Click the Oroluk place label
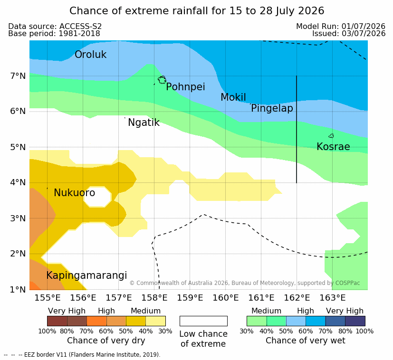tap(90, 54)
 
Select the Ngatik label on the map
tap(144, 123)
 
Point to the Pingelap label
tap(272, 108)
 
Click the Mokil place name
tap(233, 97)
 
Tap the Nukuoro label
tap(75, 193)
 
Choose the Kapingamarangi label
tap(86, 275)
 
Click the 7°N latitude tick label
tap(18, 76)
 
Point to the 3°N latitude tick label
tap(18, 218)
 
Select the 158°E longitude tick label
tap(154, 298)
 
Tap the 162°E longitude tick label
tap(297, 298)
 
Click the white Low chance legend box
tap(203, 321)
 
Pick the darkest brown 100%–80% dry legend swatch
tap(57, 321)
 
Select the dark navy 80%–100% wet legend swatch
tap(355, 321)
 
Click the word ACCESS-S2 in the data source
tap(80, 26)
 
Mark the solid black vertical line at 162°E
tap(297, 129)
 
